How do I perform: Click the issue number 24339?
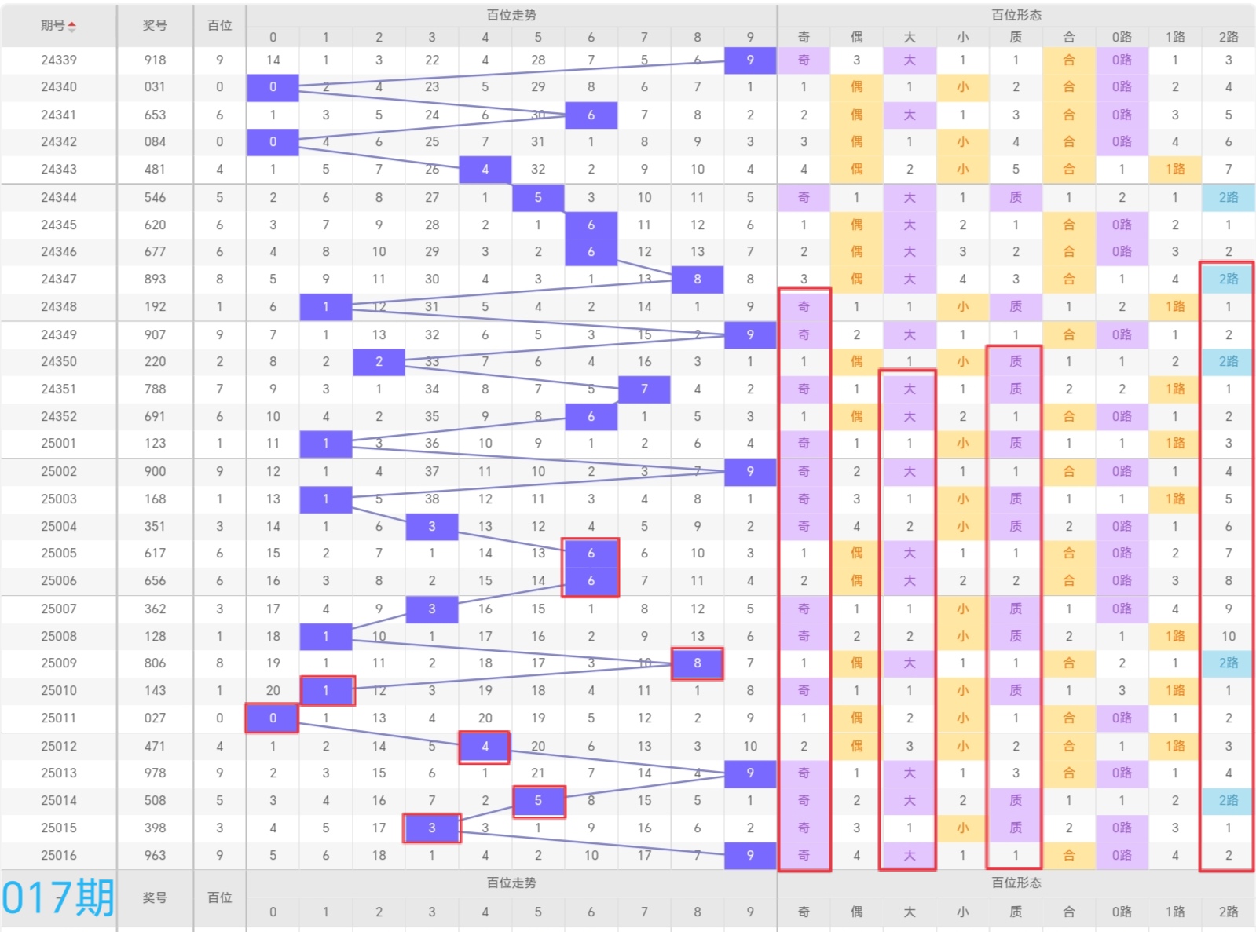point(58,60)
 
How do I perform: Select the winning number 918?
point(155,60)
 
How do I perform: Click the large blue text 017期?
point(58,897)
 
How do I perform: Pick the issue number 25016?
point(58,855)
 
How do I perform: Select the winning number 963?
point(155,855)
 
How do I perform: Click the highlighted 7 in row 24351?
point(644,389)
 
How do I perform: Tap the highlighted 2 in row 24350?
point(379,362)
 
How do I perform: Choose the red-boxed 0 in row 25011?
point(273,718)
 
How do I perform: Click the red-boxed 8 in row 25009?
point(697,663)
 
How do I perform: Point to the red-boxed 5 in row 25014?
point(538,801)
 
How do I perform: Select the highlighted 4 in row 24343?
point(485,170)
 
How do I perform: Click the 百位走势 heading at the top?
point(511,15)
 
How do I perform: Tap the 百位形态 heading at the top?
point(1016,15)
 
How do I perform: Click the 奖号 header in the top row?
point(155,25)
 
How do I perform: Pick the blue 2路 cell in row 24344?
point(1229,198)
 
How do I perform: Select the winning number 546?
point(155,198)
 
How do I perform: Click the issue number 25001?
point(58,444)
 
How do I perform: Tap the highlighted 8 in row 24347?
point(697,280)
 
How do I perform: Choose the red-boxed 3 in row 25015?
point(431,828)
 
